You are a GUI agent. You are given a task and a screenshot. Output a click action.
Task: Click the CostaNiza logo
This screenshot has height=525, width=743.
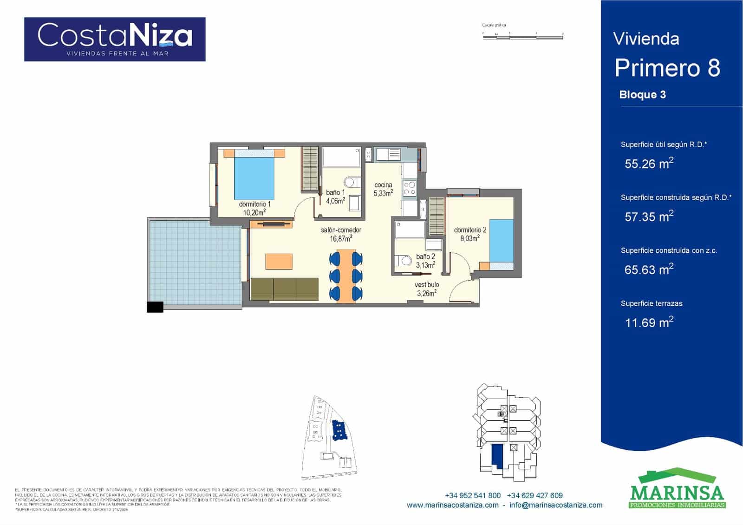(x=115, y=39)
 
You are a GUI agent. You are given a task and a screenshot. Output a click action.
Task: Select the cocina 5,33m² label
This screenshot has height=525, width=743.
(x=384, y=189)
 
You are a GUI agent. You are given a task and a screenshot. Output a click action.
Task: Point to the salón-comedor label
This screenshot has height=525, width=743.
(x=341, y=234)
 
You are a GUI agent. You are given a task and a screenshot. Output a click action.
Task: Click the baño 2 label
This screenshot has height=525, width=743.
(x=425, y=261)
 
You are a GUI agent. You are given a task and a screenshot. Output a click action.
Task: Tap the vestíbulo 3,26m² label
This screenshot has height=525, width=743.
(x=427, y=289)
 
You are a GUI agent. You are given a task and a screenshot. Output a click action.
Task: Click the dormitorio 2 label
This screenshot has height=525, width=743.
(x=470, y=234)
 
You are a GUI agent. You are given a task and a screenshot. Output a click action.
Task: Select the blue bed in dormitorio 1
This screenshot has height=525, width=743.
(x=254, y=177)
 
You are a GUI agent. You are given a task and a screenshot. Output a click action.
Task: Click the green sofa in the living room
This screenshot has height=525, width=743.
(x=284, y=289)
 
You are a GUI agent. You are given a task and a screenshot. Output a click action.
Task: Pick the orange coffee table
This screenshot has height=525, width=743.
(x=279, y=262)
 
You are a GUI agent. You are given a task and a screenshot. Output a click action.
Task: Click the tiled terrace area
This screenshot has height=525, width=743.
(x=195, y=262)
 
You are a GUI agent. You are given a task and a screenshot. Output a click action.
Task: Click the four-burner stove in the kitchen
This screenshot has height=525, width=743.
(x=409, y=188)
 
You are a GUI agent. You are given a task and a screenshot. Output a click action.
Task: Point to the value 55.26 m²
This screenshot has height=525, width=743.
(x=649, y=164)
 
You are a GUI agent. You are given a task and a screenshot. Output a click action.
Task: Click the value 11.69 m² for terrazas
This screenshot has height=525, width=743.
(x=649, y=322)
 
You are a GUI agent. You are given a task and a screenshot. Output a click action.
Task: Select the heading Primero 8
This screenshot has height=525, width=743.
(x=667, y=68)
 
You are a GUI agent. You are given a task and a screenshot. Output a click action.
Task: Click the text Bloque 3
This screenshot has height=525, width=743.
(x=642, y=95)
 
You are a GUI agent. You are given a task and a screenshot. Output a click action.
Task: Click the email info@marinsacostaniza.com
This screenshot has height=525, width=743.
(x=556, y=505)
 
